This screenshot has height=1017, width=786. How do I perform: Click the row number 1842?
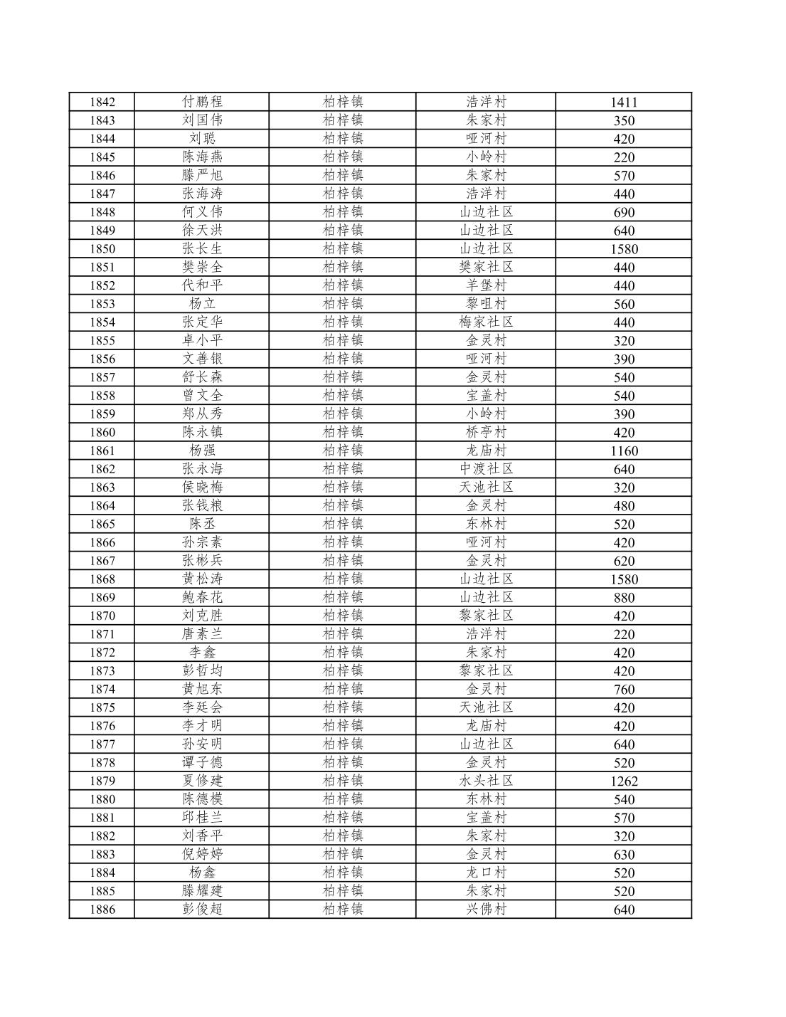102,102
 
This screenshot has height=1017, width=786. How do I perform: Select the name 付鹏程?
202,102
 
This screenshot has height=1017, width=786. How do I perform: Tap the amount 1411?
623,102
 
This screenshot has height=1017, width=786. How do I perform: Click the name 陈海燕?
202,157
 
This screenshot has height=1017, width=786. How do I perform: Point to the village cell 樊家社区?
486,267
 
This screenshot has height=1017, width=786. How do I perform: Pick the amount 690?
623,212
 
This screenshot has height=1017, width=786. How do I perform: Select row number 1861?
102,450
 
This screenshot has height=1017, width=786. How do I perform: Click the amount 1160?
623,450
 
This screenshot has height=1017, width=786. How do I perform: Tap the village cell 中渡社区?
486,469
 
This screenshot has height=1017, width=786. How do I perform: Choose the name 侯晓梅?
202,488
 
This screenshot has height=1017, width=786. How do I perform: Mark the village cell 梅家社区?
486,322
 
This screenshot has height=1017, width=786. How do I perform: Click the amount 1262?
623,781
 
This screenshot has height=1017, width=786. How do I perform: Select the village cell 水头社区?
486,781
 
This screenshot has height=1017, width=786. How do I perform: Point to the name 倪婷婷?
202,854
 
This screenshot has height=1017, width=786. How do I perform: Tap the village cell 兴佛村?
486,910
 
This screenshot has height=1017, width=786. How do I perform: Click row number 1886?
102,910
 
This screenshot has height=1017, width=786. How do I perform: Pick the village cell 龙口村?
486,873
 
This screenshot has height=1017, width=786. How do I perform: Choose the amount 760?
623,689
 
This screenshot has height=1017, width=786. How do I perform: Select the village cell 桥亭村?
486,432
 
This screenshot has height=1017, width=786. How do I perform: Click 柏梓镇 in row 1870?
342,616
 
